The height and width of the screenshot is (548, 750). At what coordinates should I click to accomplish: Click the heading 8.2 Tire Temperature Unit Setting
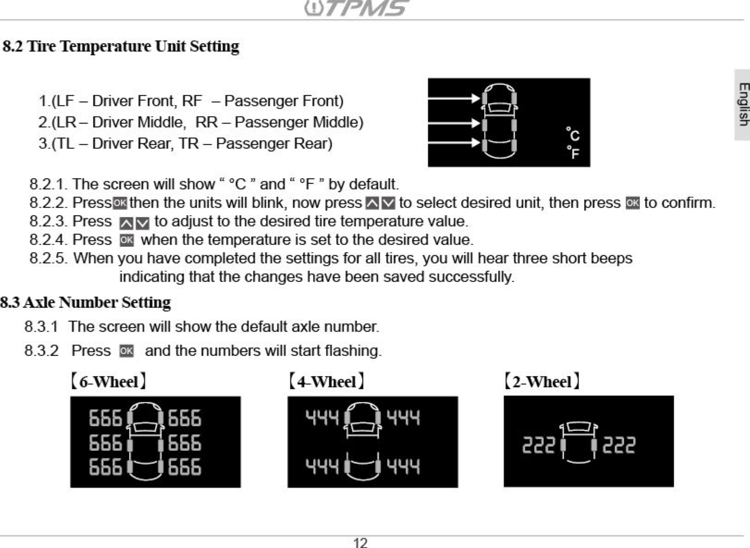121,46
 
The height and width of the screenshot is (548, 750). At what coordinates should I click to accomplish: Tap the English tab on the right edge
743,105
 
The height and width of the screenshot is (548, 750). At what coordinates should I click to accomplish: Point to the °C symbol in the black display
573,134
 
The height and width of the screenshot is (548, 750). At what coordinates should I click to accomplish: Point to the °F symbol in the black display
573,152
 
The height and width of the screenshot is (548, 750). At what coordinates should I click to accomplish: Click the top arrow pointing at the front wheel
453,98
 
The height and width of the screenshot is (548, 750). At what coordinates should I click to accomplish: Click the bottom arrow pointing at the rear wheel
453,143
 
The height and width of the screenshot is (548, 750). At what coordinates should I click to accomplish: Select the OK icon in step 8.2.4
126,240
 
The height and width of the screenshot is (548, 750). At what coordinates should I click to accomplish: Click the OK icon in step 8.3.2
126,351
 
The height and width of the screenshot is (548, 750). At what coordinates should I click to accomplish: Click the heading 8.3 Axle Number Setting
86,302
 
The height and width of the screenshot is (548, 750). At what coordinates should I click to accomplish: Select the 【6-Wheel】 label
109,382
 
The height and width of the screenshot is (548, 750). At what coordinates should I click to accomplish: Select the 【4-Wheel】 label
326,382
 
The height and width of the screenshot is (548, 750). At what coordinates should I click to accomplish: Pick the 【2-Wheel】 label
542,382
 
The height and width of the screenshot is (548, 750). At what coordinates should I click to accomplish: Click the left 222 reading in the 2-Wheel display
538,445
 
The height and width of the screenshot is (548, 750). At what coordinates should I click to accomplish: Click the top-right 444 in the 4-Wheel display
403,418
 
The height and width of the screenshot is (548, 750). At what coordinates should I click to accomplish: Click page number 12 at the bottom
360,542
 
